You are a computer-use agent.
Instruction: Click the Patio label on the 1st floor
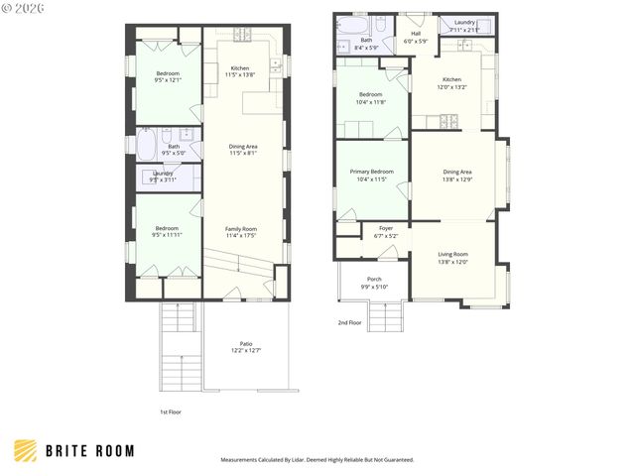pos(245,343)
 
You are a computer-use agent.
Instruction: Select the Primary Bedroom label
pos(372,172)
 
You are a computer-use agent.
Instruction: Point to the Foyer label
pos(386,228)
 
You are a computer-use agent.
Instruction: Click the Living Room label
pos(452,254)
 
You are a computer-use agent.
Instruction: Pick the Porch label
pos(374,280)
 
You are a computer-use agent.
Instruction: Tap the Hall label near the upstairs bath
pos(416,33)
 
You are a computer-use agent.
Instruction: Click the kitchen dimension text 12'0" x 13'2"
pos(451,87)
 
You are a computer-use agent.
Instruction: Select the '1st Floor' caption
pos(171,412)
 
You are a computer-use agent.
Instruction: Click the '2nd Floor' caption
pos(349,322)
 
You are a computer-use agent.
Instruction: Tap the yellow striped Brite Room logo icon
pos(27,451)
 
